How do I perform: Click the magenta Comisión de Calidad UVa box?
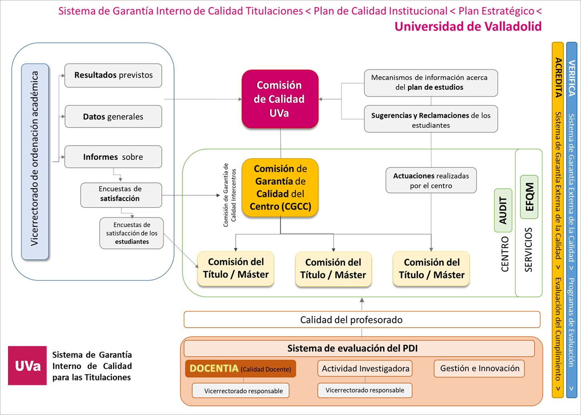tap(280, 99)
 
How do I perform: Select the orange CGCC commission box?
tap(280, 187)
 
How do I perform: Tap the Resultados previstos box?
tap(113, 75)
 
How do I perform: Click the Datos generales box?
tap(113, 117)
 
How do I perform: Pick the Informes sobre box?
tap(113, 157)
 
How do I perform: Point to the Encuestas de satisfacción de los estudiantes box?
tap(132, 233)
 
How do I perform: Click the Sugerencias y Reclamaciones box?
tap(431, 120)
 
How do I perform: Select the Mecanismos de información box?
tap(431, 83)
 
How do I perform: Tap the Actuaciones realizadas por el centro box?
tap(431, 181)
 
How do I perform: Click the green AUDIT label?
tap(503, 210)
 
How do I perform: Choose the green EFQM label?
tap(529, 197)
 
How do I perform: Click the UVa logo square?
tap(27, 366)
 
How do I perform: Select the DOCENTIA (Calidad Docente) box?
tap(240, 369)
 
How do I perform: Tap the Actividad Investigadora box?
tap(365, 369)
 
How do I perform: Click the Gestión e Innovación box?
tap(479, 369)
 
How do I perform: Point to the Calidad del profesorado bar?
tap(362, 320)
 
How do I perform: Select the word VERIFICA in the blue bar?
tap(571, 78)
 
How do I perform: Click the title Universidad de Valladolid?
tap(468, 26)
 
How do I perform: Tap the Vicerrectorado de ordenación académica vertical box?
tap(35, 160)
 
